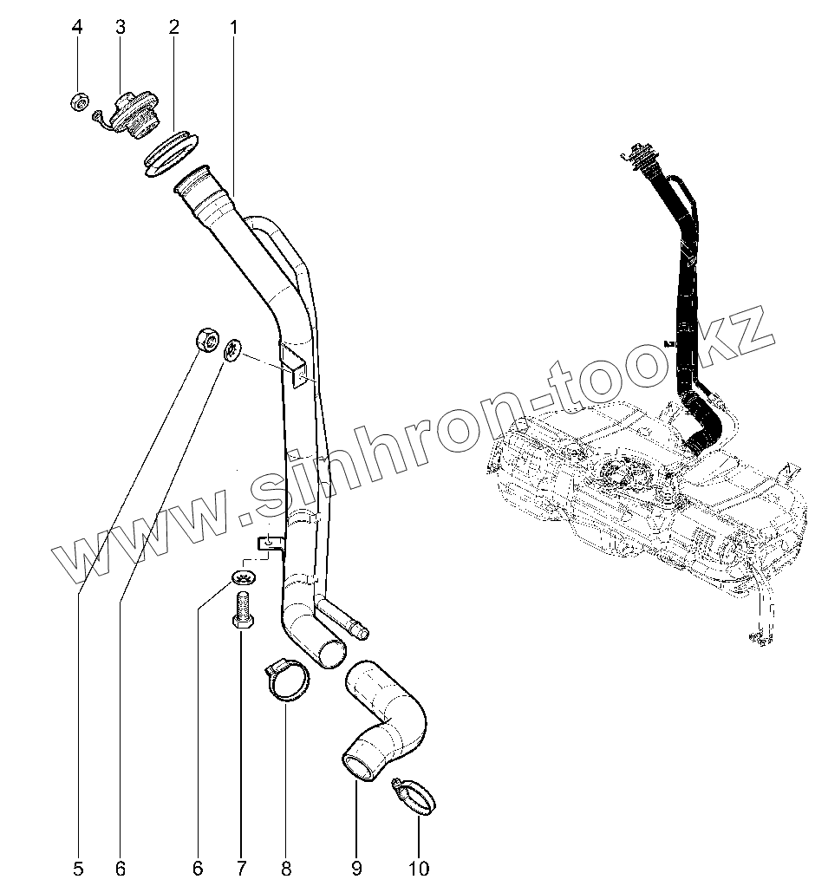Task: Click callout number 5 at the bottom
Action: click(78, 867)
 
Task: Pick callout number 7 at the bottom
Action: click(241, 867)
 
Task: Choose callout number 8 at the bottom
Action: click(286, 867)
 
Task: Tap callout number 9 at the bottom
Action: click(355, 867)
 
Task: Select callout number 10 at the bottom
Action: click(419, 867)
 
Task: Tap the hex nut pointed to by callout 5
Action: click(206, 339)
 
